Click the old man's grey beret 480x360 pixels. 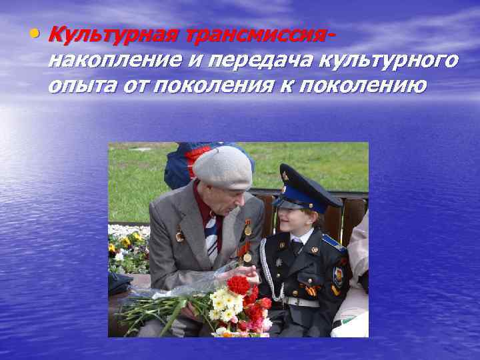223,167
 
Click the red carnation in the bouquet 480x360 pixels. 238,285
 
